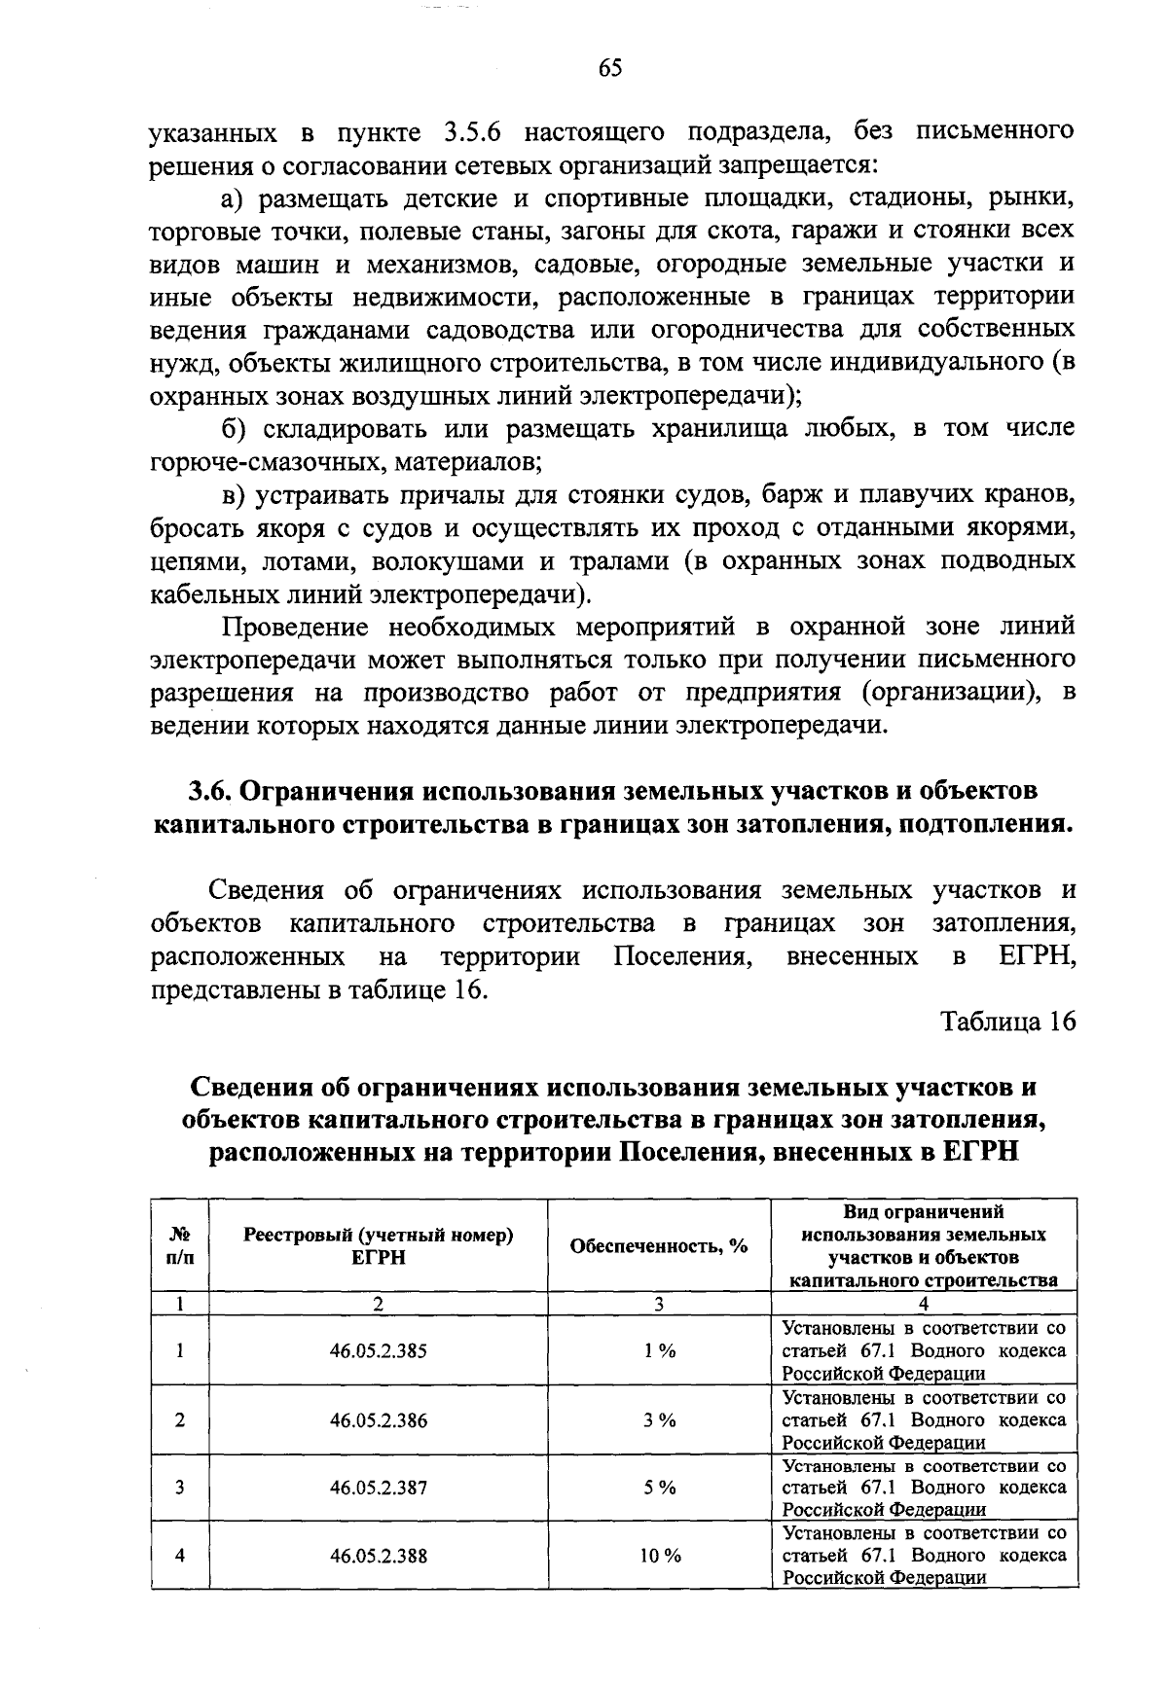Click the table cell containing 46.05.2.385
[378, 1350]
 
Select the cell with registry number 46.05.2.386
[378, 1419]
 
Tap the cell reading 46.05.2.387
[378, 1488]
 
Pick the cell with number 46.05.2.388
[378, 1556]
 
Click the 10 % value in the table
[660, 1556]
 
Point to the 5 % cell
[660, 1488]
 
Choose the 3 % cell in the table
[660, 1419]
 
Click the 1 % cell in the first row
[660, 1350]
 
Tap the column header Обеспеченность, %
[659, 1246]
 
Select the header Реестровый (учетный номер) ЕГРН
[378, 1246]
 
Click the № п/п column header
[180, 1245]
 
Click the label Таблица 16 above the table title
[1007, 1023]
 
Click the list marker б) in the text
[236, 429]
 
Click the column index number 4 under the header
[924, 1304]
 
